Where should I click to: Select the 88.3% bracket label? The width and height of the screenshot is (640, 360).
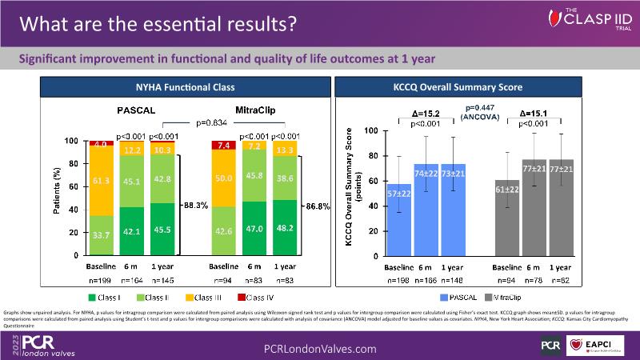click(x=195, y=206)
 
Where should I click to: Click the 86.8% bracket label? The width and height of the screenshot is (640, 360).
click(x=319, y=206)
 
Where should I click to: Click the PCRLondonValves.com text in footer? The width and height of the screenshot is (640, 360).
click(x=320, y=349)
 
